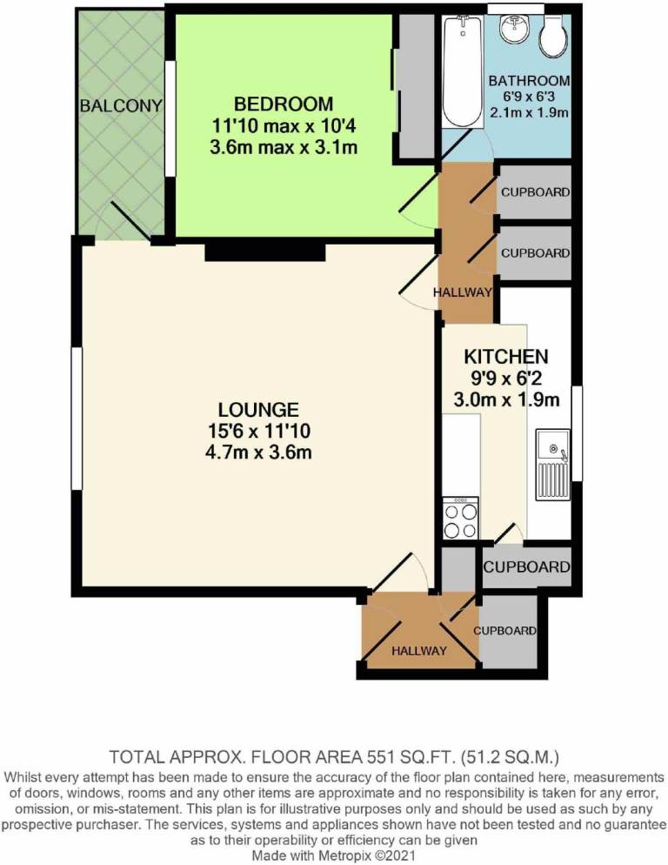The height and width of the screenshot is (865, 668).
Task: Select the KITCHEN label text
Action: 505,357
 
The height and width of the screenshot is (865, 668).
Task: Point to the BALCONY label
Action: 121,106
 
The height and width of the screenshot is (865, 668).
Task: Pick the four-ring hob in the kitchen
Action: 461,520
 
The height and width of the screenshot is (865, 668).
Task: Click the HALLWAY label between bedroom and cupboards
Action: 463,292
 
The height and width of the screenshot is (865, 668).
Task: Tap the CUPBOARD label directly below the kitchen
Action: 526,567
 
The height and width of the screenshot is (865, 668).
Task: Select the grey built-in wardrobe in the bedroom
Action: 415,87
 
